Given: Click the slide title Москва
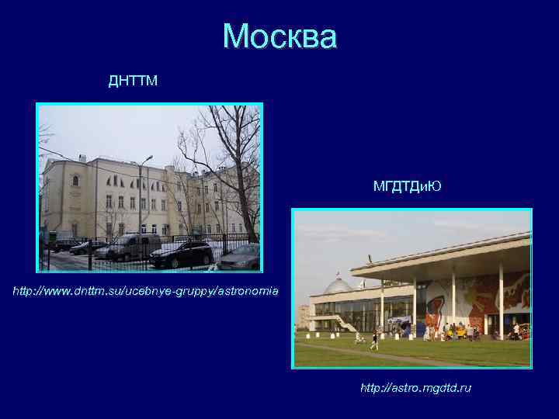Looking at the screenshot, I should pyautogui.click(x=279, y=36).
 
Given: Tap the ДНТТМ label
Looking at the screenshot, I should pyautogui.click(x=133, y=81).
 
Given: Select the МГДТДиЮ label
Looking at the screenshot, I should pyautogui.click(x=407, y=186).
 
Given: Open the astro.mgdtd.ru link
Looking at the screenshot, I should pyautogui.click(x=415, y=387).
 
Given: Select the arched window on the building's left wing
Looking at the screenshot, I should pyautogui.click(x=75, y=180).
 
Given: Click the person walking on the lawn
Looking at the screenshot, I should pyautogui.click(x=374, y=340).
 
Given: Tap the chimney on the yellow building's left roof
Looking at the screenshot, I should pyautogui.click(x=82, y=158).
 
